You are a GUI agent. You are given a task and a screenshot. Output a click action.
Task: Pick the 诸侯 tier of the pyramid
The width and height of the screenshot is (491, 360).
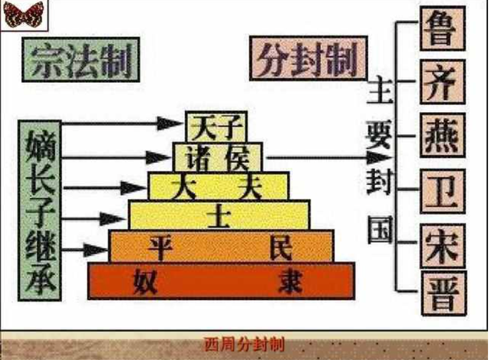pos(217,157)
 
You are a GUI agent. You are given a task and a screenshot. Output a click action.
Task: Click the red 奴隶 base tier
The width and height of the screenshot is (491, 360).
pos(222,280)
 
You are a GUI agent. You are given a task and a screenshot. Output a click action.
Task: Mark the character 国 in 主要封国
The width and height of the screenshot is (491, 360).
pos(379,230)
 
